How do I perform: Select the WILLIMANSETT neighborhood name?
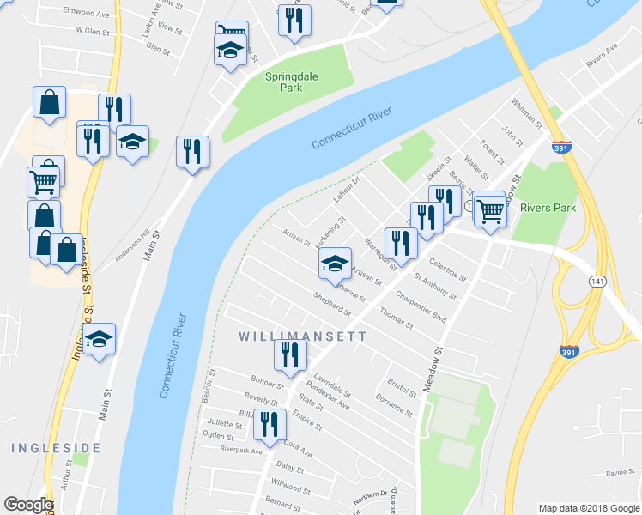(308, 336)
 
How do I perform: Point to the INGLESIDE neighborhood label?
(49, 448)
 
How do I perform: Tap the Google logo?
(28, 505)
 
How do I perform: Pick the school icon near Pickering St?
(335, 264)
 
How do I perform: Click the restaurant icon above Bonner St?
(290, 354)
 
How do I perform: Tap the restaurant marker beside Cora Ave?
(270, 424)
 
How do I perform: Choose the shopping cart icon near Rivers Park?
(489, 209)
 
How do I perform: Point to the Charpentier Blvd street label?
(421, 306)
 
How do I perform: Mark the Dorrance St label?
(395, 404)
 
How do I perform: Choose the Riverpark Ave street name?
(241, 450)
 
